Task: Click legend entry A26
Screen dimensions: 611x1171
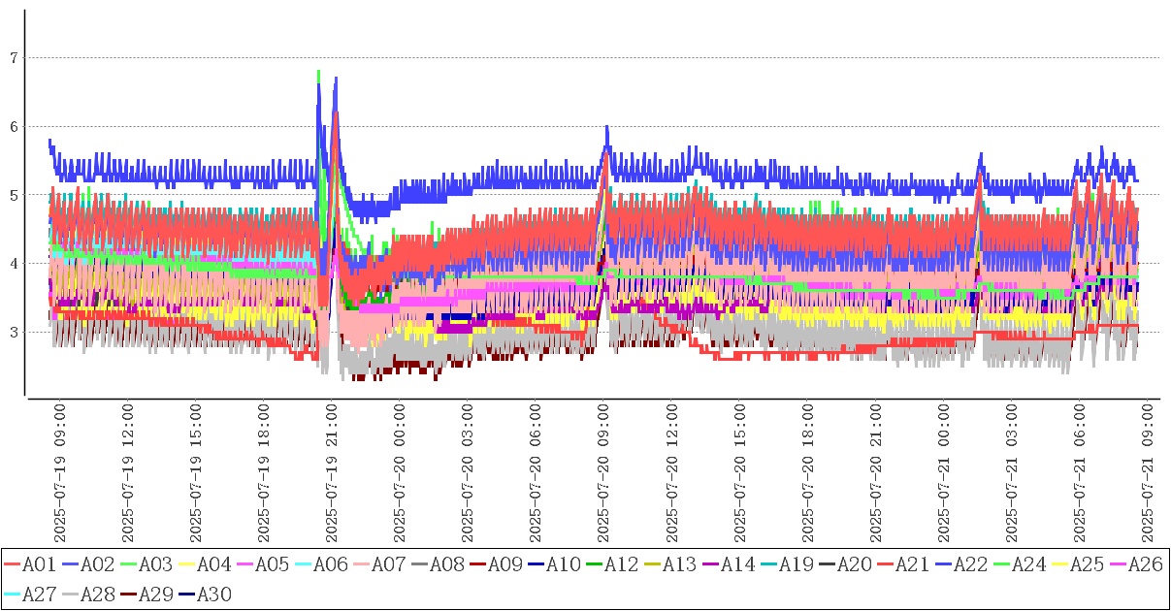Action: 1145,564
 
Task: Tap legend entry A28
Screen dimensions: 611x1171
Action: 97,594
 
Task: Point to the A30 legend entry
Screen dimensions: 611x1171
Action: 213,594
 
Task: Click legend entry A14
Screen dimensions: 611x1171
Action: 737,564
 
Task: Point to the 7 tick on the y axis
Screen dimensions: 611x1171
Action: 14,58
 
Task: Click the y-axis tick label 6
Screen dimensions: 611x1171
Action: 14,127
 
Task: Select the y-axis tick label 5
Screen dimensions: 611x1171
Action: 14,195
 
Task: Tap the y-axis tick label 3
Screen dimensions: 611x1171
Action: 14,333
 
